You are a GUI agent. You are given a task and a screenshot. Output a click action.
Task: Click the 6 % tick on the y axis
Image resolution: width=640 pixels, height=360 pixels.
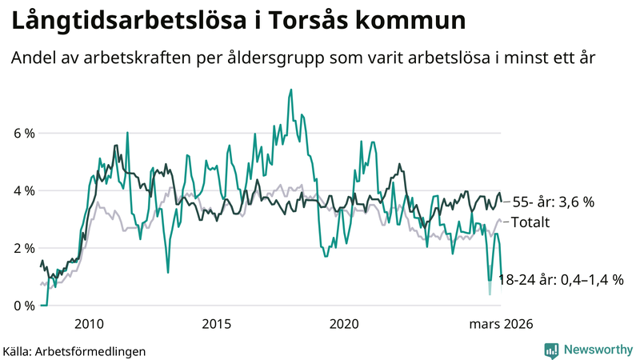click(24, 133)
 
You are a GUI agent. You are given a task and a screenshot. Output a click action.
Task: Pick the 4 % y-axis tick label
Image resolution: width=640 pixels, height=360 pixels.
click(24, 190)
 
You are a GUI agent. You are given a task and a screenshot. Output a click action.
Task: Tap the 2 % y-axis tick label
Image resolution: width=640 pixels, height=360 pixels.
click(24, 248)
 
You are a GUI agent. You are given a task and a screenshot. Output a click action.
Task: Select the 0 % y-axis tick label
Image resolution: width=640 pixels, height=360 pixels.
click(24, 306)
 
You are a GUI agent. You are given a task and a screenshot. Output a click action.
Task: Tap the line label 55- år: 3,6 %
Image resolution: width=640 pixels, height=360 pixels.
click(553, 202)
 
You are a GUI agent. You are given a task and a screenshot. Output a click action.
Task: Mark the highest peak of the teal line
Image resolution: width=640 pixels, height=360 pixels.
click(290, 89)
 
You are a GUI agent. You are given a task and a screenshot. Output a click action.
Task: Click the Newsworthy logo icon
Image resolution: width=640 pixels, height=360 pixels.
click(551, 350)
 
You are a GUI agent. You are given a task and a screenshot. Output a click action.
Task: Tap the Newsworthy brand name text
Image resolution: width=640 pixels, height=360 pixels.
click(597, 350)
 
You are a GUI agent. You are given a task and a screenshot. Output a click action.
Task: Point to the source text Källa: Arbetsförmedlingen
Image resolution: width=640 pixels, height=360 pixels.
click(74, 350)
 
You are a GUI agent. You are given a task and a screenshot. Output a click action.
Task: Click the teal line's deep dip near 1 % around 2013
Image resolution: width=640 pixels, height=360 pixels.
click(168, 273)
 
